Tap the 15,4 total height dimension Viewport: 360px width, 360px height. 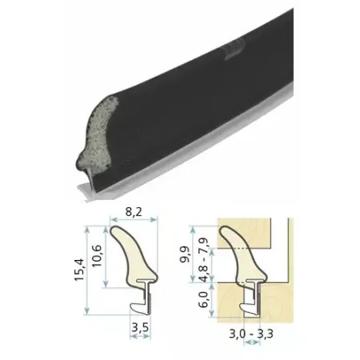pyautogui.click(x=79, y=270)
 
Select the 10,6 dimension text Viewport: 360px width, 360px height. pyautogui.click(x=97, y=256)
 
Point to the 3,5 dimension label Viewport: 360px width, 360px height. pyautogui.click(x=140, y=327)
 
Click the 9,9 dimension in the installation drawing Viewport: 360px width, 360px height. pyautogui.click(x=185, y=254)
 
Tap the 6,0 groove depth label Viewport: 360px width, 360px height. pyautogui.click(x=203, y=299)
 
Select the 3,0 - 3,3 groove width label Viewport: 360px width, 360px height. pyautogui.click(x=251, y=334)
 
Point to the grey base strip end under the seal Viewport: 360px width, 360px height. pyautogui.click(x=86, y=192)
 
